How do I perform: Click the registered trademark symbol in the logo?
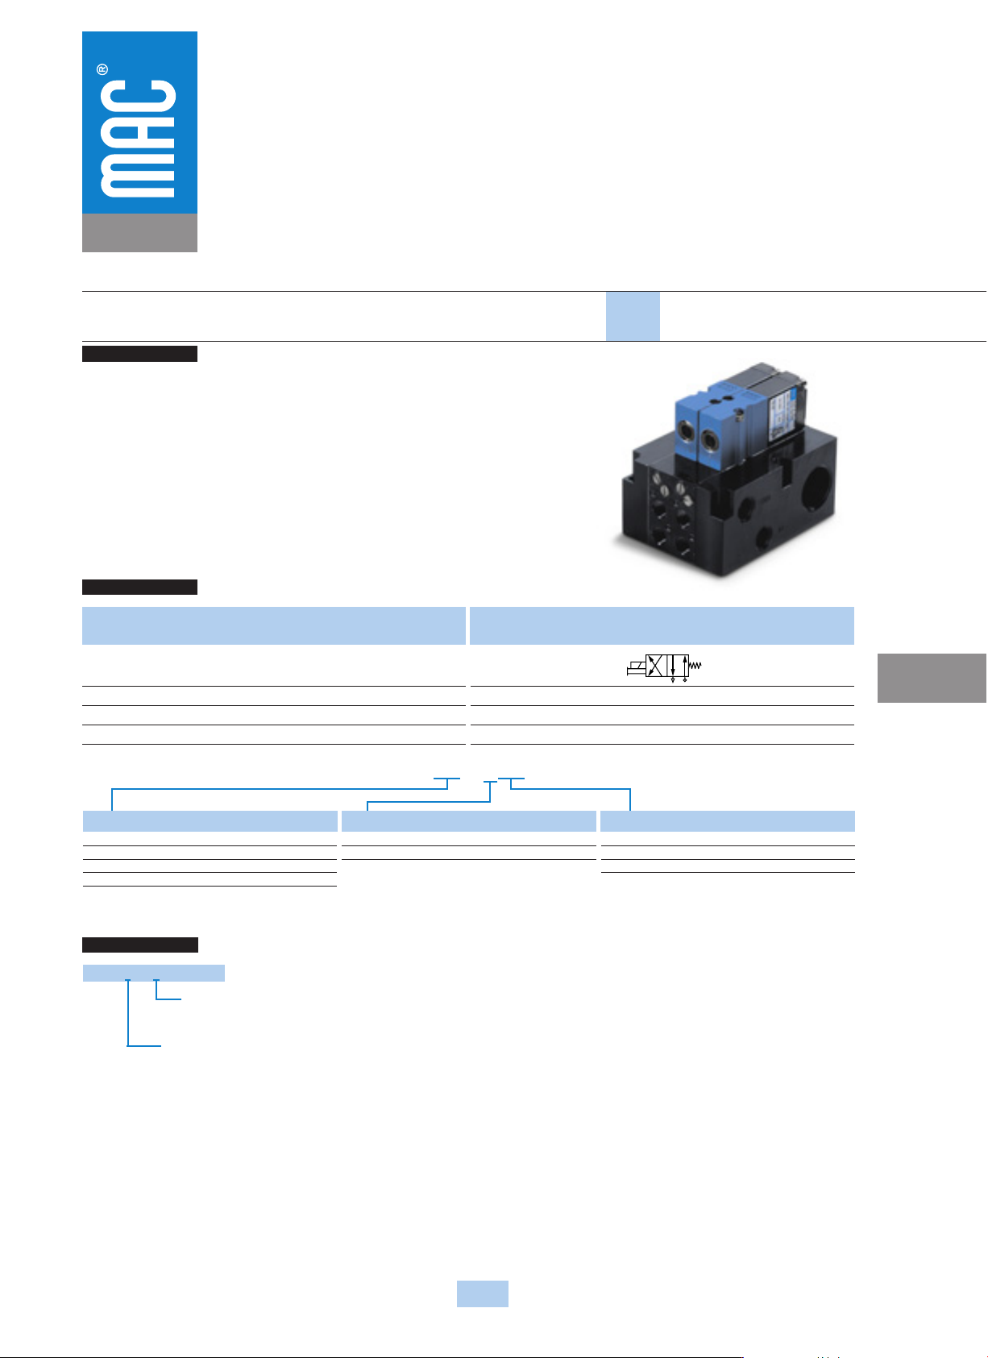pyautogui.click(x=102, y=69)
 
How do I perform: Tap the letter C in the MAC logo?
pyautogui.click(x=138, y=99)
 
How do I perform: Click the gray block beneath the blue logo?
pyautogui.click(x=139, y=232)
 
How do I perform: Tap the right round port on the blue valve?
pyautogui.click(x=709, y=439)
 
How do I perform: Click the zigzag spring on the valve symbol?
pyautogui.click(x=695, y=666)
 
